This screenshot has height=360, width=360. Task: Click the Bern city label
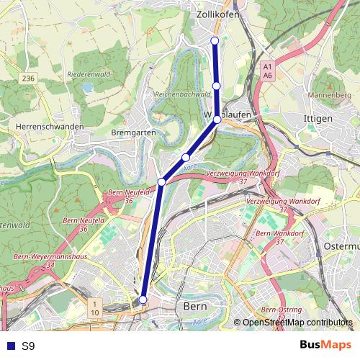[196, 307]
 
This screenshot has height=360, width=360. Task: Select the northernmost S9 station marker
[215, 40]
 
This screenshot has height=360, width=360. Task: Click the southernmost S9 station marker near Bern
[143, 300]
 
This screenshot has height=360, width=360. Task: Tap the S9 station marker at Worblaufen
[217, 120]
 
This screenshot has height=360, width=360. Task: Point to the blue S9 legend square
[9, 346]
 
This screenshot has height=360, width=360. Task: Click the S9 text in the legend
[27, 346]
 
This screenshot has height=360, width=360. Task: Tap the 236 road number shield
[28, 78]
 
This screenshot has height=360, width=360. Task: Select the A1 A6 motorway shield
[267, 70]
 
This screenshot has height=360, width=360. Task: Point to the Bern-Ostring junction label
[283, 309]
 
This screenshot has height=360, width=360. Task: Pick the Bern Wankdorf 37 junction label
[274, 237]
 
